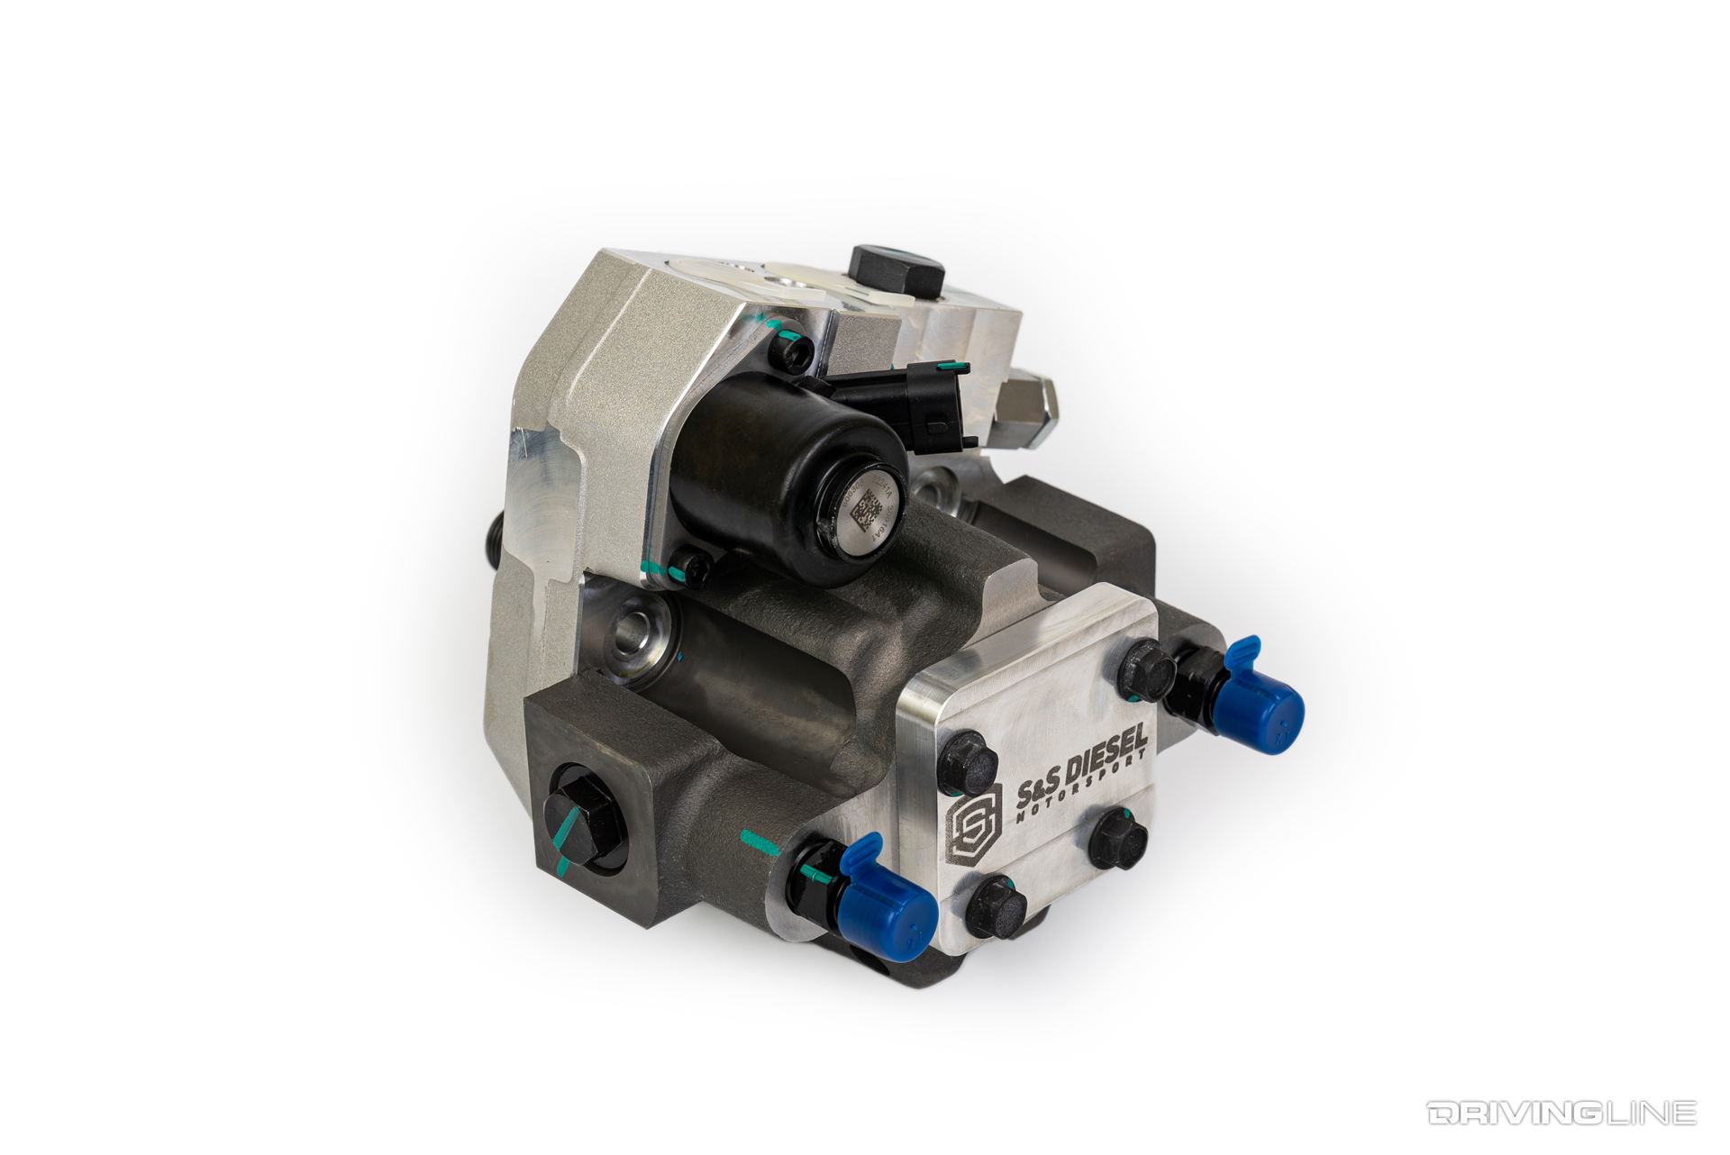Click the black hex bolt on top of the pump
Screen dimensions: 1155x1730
pyautogui.click(x=896, y=263)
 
